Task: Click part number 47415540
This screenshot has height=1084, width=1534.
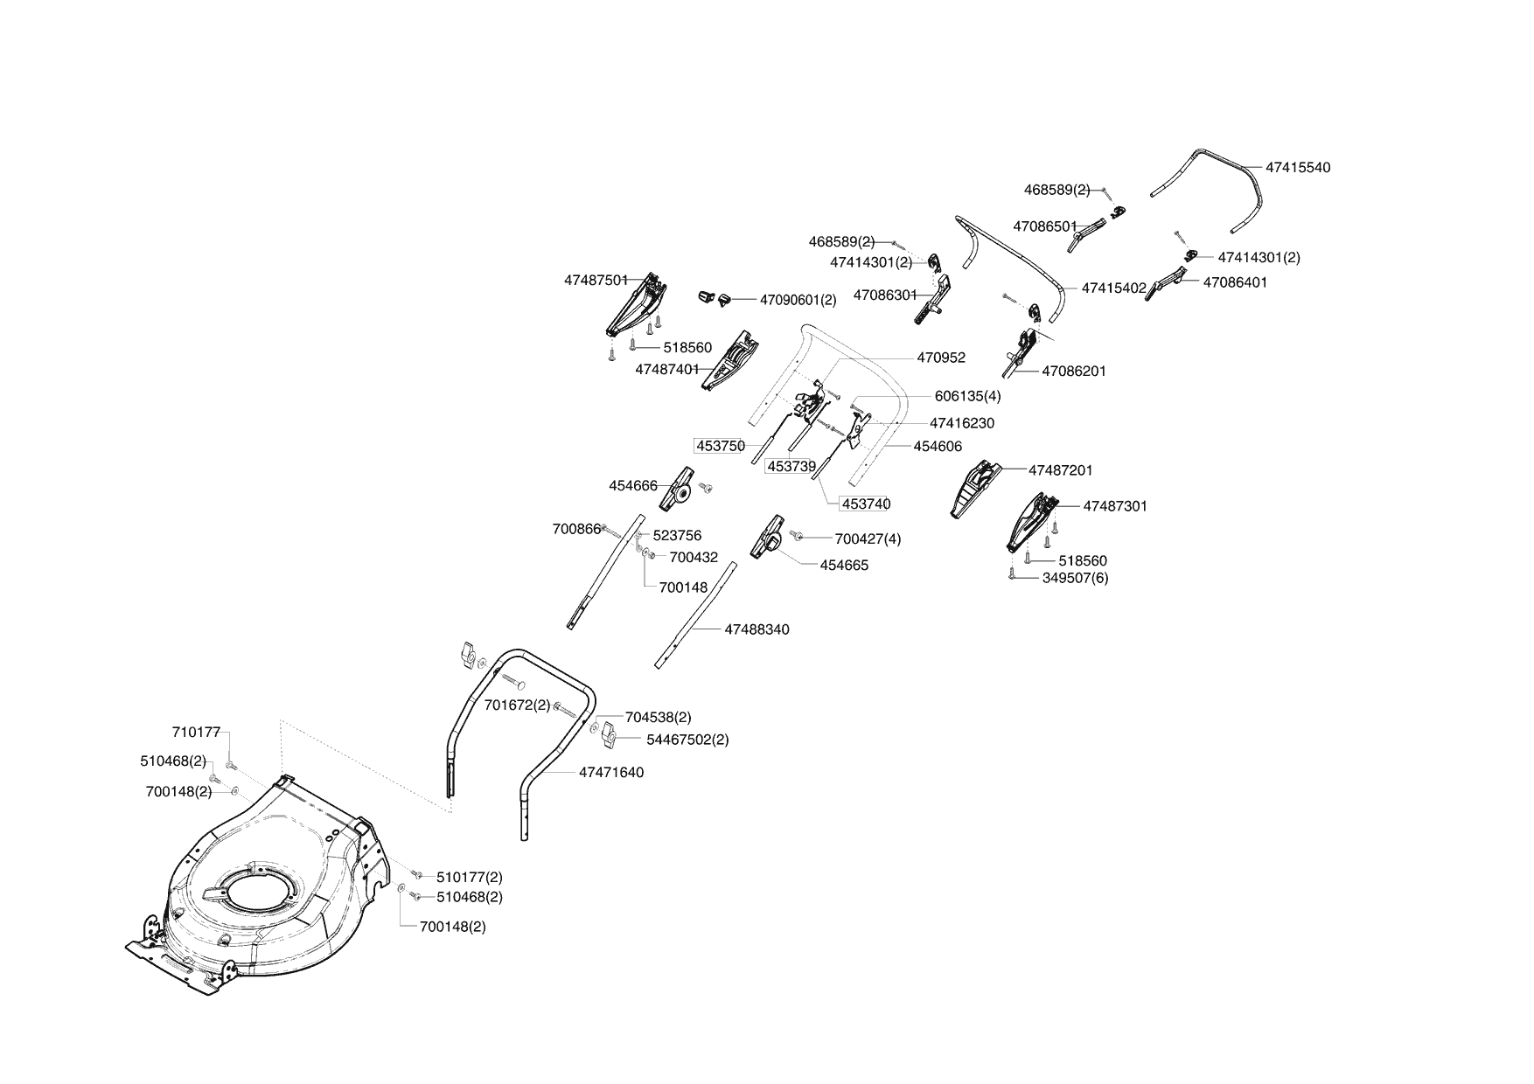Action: pos(1298,168)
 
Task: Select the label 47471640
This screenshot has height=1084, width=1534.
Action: pos(611,773)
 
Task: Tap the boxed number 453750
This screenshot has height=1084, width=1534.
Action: pos(721,446)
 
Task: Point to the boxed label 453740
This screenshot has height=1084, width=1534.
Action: pos(866,504)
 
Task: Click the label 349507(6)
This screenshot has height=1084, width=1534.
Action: pos(1075,578)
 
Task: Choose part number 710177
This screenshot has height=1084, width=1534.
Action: pos(196,733)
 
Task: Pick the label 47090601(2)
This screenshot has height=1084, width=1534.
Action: pos(798,300)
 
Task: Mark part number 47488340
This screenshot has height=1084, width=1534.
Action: pos(757,629)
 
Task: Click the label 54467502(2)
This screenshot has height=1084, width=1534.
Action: pos(687,740)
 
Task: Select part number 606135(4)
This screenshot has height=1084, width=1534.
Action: pos(967,396)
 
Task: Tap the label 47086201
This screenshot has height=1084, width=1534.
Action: pos(1074,372)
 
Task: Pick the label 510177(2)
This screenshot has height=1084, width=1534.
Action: pos(470,877)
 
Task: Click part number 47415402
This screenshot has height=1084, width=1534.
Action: pos(1114,288)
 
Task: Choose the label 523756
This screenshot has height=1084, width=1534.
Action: pos(677,536)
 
